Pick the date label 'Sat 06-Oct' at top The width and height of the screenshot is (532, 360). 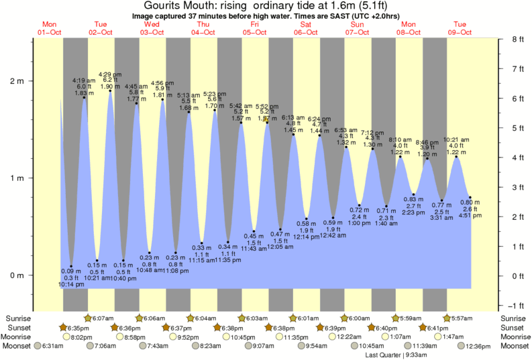click(x=305, y=28)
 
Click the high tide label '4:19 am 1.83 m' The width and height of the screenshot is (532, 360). click(x=84, y=86)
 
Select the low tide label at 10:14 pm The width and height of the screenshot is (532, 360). click(x=72, y=278)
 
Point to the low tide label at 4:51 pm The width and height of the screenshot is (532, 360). click(x=470, y=208)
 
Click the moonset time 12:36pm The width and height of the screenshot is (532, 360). click(x=477, y=346)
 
